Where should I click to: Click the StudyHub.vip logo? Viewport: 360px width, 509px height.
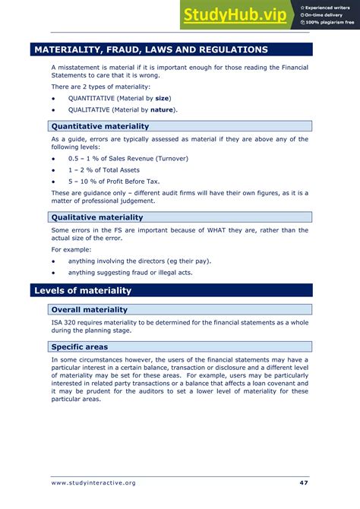234,14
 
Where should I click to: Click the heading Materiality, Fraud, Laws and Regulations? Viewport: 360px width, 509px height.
150,49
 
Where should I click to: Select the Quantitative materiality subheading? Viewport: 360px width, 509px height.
100,126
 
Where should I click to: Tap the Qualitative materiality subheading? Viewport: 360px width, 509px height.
96,217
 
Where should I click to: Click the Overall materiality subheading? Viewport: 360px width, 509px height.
89,309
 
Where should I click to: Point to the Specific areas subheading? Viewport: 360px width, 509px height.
79,346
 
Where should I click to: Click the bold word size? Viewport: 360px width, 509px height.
161,99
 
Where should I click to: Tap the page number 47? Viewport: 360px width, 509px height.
304,483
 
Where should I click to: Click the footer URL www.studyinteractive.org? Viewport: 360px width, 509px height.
93,483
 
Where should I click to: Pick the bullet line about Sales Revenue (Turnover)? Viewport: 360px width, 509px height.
128,158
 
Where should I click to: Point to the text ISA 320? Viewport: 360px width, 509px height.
65,322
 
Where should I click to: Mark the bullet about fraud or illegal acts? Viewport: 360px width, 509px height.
130,273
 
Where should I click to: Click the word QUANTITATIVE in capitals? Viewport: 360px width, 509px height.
92,99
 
